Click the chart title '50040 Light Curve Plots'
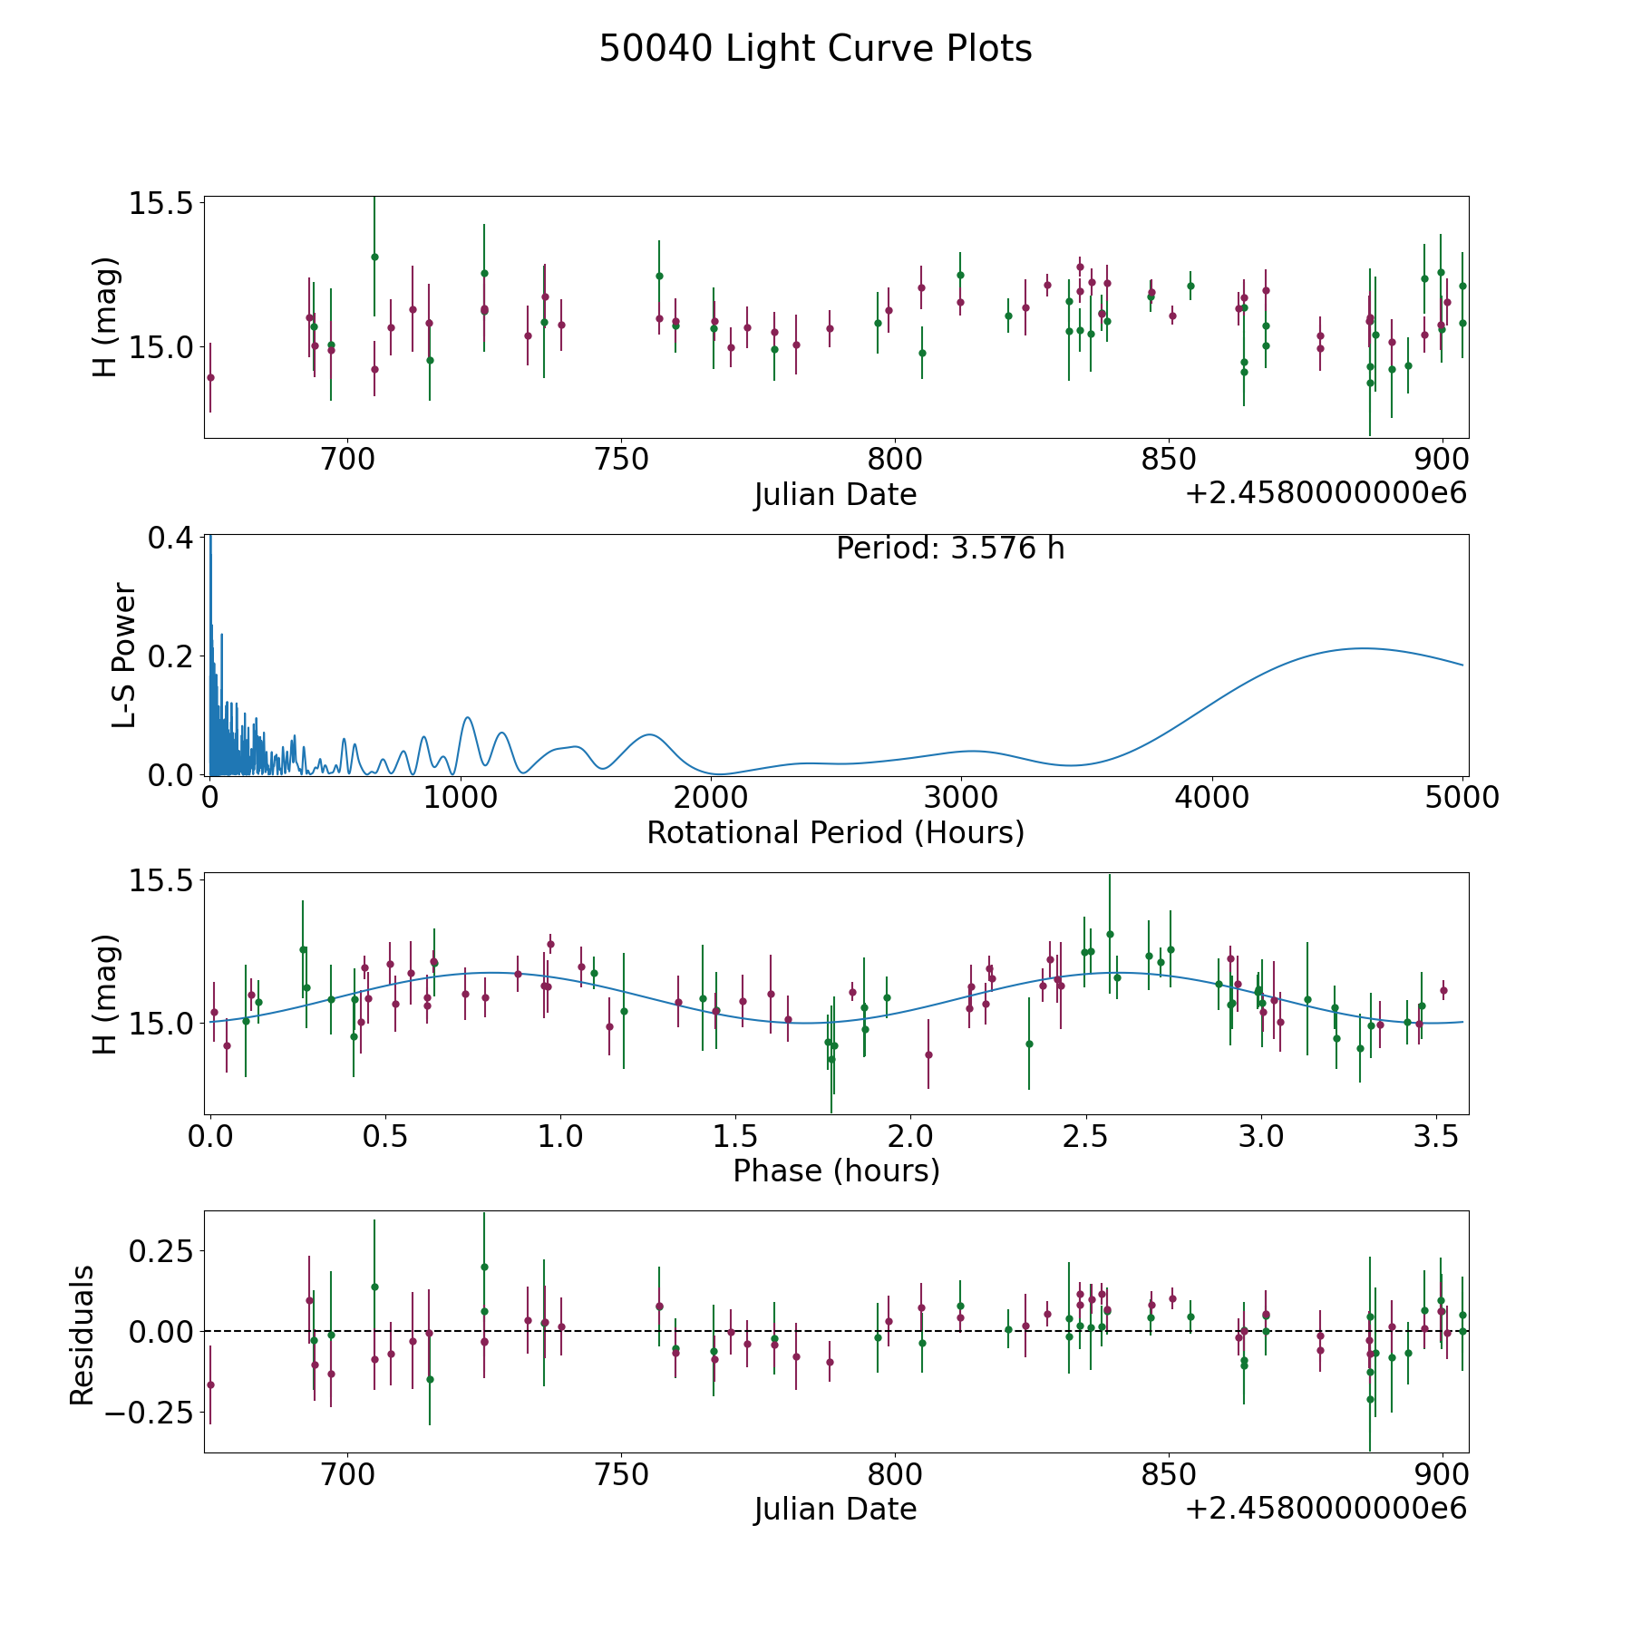[x=815, y=49]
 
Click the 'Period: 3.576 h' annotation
[x=950, y=549]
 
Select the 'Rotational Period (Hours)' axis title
[x=835, y=832]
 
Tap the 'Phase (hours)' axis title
[x=836, y=1171]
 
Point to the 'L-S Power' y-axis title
[x=124, y=656]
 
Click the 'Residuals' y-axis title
[x=82, y=1336]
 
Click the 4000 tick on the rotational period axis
[x=1212, y=798]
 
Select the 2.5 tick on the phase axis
[x=1085, y=1137]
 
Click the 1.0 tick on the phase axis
[x=560, y=1137]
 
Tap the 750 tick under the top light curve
[x=621, y=460]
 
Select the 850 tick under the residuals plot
[x=1169, y=1475]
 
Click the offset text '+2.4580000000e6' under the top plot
[x=1326, y=494]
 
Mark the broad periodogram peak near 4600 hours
[x=1362, y=648]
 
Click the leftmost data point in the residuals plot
[x=210, y=1384]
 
